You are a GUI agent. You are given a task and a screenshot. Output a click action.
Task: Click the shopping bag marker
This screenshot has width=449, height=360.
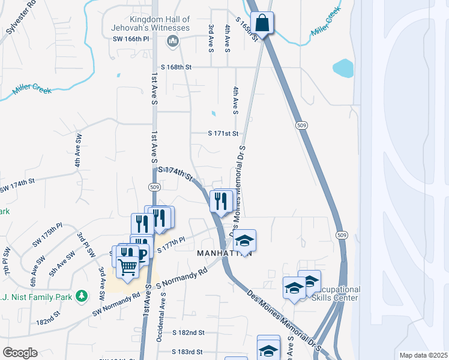(262, 24)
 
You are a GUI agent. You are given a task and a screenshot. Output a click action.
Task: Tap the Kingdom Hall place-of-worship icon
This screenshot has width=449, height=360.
(173, 41)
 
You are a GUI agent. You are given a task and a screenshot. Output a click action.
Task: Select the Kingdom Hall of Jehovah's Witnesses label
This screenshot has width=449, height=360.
(150, 24)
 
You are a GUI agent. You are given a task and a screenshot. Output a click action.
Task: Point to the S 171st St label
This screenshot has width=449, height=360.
(223, 133)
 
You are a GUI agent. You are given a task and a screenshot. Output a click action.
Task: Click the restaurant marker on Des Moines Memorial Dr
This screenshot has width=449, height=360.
(220, 201)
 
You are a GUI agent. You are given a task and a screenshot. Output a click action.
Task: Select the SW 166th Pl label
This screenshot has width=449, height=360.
(130, 40)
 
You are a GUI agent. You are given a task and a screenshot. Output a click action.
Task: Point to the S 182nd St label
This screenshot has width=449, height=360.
(188, 332)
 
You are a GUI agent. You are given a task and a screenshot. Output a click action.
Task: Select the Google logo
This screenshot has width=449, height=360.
(20, 353)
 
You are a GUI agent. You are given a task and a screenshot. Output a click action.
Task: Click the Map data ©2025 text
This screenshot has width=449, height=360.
(423, 355)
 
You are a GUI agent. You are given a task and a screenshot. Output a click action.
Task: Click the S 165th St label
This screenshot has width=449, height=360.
(247, 28)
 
